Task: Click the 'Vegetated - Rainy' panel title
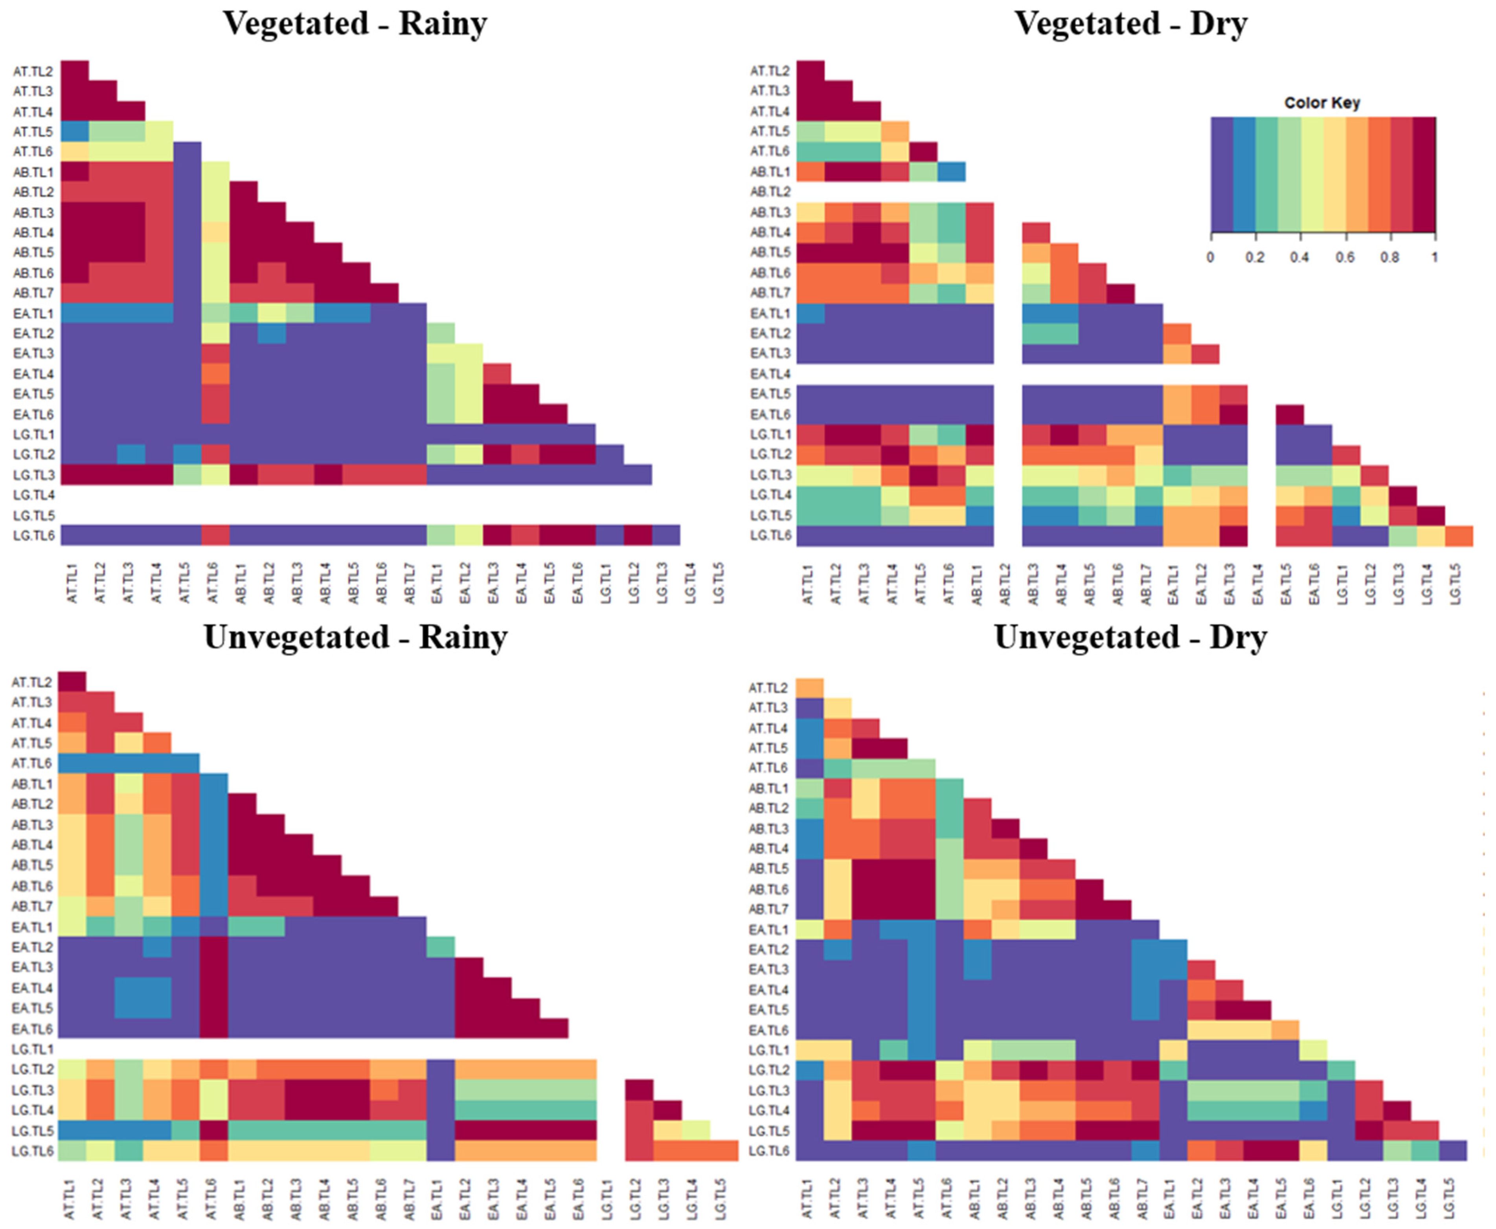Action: [x=356, y=24]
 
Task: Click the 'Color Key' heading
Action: [x=1322, y=103]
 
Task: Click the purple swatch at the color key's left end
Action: [x=1222, y=174]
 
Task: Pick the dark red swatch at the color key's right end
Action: [x=1424, y=174]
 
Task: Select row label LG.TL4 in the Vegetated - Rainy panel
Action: [x=33, y=495]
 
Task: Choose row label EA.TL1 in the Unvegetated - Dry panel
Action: [x=768, y=930]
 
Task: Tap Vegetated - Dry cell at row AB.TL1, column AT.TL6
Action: [x=951, y=172]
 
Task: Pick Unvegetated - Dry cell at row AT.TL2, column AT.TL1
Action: [x=810, y=688]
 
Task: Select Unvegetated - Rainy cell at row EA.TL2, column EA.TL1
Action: [x=441, y=947]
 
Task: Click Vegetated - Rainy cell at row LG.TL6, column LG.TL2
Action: [x=638, y=535]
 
